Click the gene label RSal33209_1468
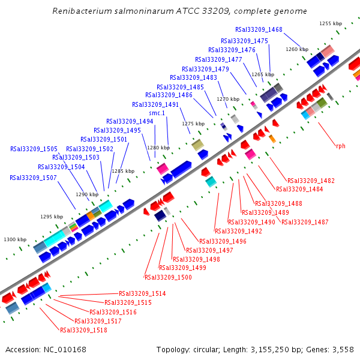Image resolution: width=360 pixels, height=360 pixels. tap(259, 29)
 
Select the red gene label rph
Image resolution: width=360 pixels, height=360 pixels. tap(341, 146)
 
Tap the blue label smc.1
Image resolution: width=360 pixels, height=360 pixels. tap(157, 113)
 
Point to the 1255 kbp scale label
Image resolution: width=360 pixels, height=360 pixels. tap(330, 23)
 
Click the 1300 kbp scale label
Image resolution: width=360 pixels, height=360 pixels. tap(15, 239)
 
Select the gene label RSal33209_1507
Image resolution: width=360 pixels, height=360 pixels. tap(33, 178)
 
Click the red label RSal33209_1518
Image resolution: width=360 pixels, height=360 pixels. tap(83, 330)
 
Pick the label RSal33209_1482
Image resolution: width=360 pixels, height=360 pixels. tap(311, 181)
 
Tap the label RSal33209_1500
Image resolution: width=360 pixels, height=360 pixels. tap(168, 277)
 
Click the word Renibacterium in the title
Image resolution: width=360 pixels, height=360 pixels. tap(82, 11)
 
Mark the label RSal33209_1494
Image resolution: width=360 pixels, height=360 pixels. tap(130, 121)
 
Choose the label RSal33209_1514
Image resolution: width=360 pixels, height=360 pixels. tap(142, 293)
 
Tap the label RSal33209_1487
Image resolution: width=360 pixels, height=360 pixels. tap(305, 222)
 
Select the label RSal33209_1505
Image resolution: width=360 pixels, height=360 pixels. tap(34, 149)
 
